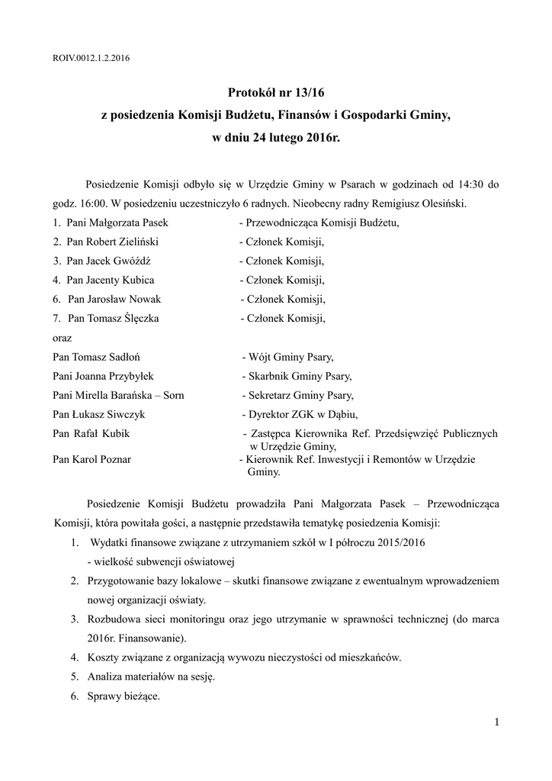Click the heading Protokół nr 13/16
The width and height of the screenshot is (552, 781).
276,93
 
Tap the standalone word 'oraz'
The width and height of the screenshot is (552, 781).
63,336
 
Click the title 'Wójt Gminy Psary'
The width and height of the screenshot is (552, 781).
290,356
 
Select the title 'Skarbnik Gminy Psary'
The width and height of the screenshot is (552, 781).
298,375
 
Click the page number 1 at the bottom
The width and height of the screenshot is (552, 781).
496,722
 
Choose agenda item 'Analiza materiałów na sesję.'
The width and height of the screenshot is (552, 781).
151,676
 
